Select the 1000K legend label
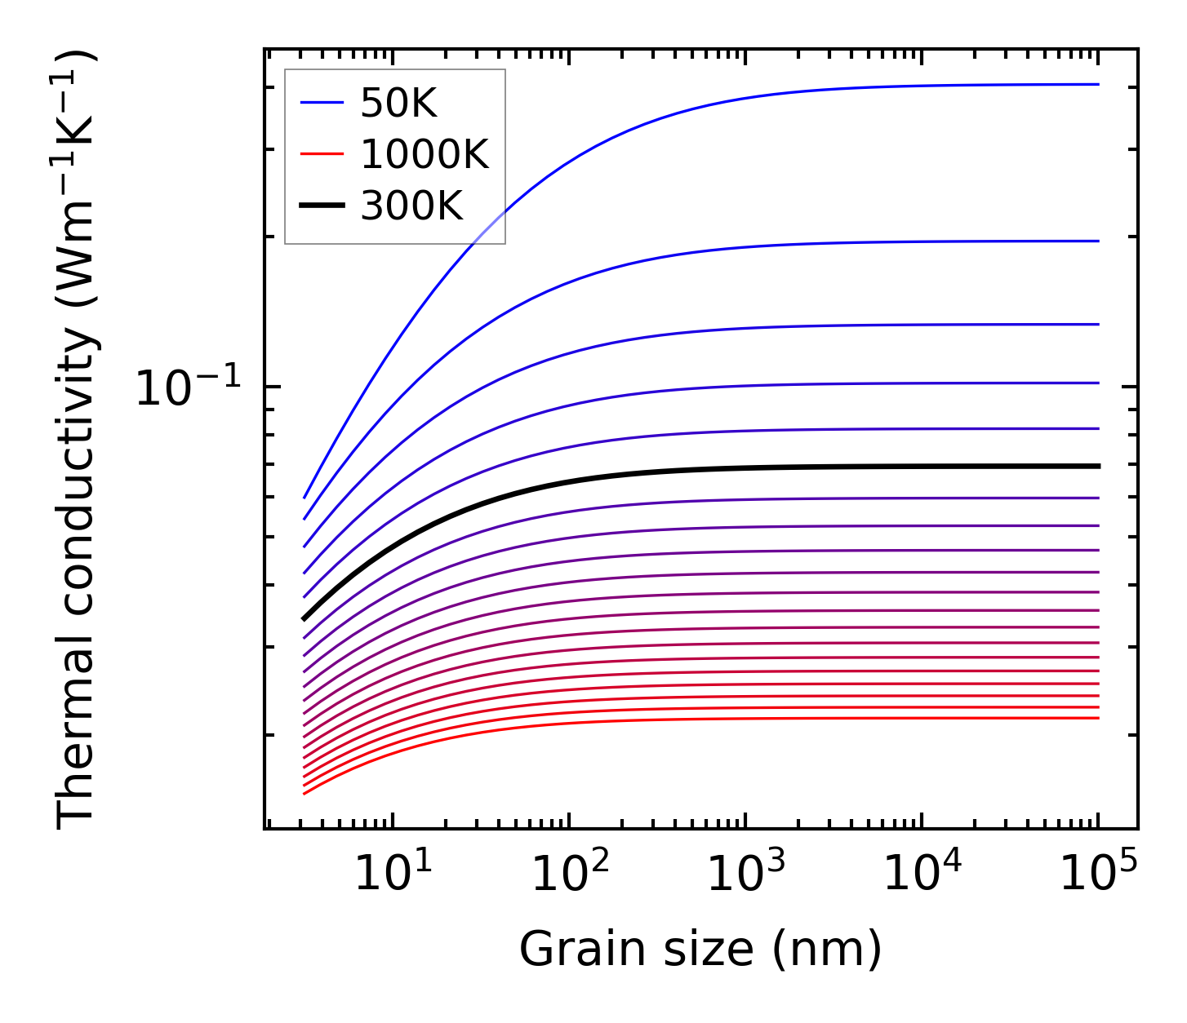(425, 154)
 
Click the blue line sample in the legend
(322, 103)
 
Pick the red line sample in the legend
(322, 154)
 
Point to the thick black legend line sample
(322, 206)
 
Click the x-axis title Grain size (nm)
(700, 950)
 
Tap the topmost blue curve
(735, 100)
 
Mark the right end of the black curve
(1099, 466)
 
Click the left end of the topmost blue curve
(305, 497)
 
